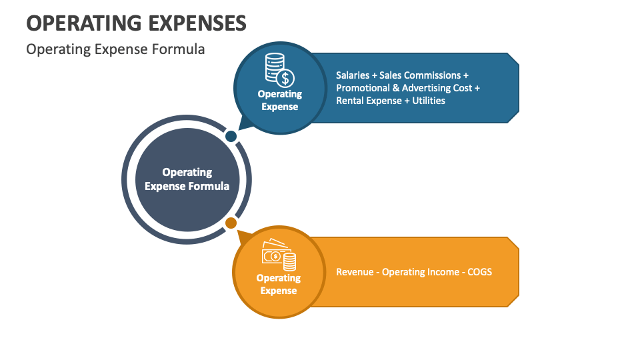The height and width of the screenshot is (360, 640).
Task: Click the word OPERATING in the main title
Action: [x=82, y=22]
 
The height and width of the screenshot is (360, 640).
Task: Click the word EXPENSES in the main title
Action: [x=195, y=22]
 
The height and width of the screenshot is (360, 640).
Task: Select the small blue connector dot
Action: [x=231, y=136]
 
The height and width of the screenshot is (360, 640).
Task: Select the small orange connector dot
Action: [x=231, y=223]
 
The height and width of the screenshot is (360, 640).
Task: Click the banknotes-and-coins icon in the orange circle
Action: [x=279, y=255]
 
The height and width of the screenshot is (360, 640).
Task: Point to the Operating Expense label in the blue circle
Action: [x=280, y=100]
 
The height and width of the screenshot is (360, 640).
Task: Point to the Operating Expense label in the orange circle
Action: [x=279, y=284]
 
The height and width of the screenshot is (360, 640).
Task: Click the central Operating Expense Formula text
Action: [x=187, y=179]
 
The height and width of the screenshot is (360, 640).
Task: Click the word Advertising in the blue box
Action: [x=427, y=88]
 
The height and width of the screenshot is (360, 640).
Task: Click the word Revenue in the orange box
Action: [x=355, y=272]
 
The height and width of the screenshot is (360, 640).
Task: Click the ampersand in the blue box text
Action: [x=395, y=88]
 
